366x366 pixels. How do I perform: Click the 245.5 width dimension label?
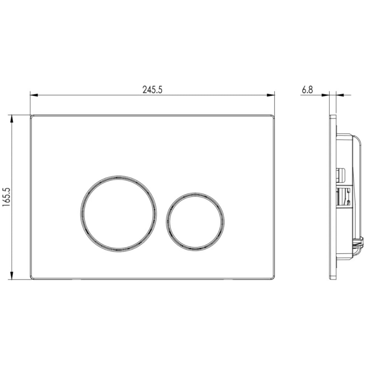coord(152,90)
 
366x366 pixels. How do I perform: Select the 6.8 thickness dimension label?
coord(307,90)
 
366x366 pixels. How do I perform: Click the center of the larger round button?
coord(119,213)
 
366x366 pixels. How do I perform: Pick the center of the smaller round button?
coord(195,222)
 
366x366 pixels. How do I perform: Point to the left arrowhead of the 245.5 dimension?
coord(34,95)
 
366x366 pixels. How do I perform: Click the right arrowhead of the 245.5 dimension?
coord(271,95)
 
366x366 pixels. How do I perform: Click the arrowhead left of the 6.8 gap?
coord(325,95)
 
